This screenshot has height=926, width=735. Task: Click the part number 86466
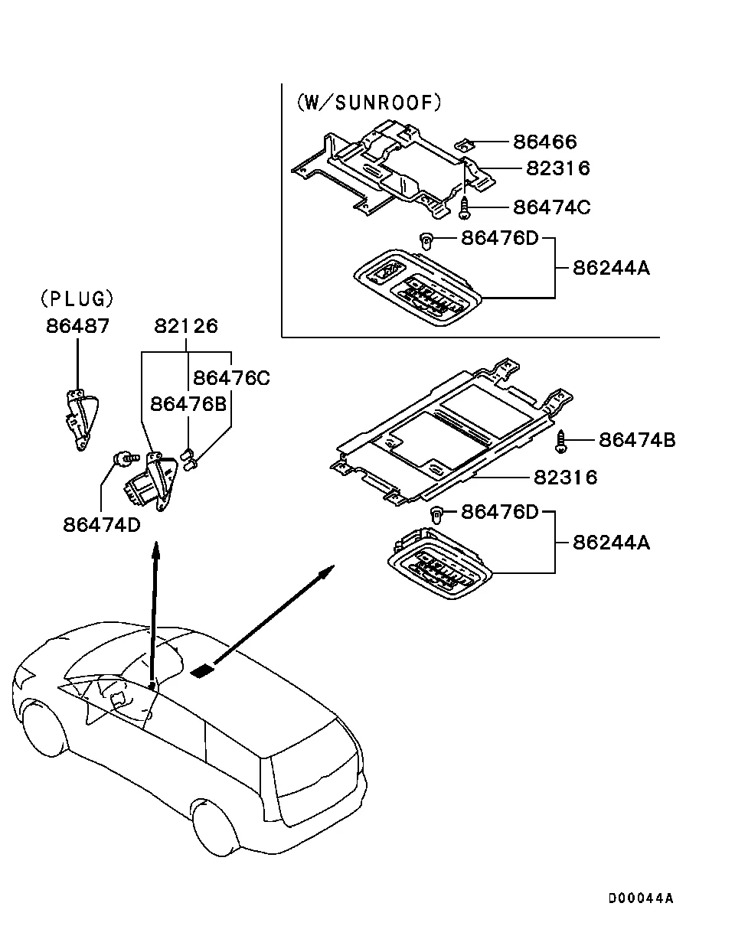point(544,142)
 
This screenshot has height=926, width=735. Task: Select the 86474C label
point(551,207)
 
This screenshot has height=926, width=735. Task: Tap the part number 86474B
point(637,440)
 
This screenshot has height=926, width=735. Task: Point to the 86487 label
point(77,326)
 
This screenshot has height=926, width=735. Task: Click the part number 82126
point(186,326)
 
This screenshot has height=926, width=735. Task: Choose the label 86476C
point(231,377)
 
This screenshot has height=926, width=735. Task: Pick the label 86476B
point(188,403)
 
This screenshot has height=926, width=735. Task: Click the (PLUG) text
point(77,298)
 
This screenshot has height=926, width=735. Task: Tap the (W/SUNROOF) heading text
point(369,103)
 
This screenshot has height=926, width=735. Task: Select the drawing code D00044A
point(641,898)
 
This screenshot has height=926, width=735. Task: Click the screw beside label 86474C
point(465,205)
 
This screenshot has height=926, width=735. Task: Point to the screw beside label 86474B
point(561,442)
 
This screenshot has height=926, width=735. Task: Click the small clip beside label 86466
point(464,141)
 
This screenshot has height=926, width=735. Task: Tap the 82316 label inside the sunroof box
point(557,168)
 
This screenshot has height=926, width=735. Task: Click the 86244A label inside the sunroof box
point(611,268)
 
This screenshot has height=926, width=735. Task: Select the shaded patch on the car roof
point(202,672)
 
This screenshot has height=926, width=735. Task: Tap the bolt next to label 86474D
point(122,459)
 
